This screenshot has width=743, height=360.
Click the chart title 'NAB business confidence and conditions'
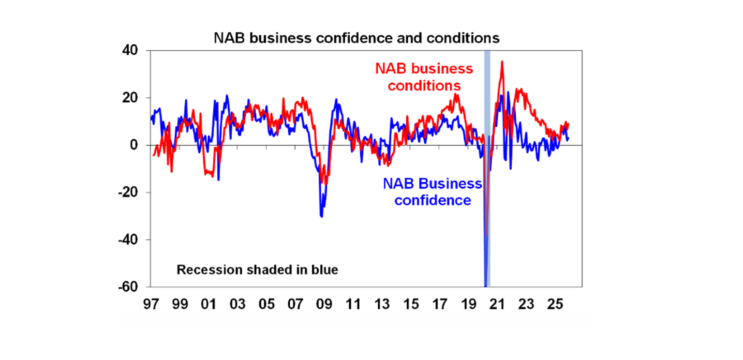pos(357,38)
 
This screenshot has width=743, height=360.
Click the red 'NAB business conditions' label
pos(424,77)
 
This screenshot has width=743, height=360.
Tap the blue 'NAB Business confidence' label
pos(432,192)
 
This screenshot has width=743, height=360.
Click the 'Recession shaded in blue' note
pos(257,270)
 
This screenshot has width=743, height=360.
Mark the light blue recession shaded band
pos(487,218)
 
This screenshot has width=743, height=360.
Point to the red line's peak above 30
pos(502,61)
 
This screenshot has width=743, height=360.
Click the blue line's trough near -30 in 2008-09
pos(321,216)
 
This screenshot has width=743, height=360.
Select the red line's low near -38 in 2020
pos(487,235)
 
